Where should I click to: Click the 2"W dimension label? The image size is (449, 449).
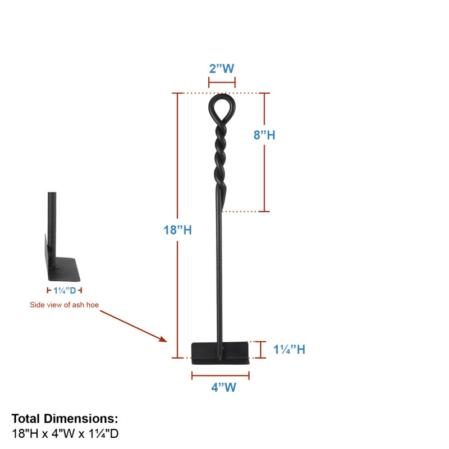click(222, 68)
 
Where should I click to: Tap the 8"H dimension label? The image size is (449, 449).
click(264, 135)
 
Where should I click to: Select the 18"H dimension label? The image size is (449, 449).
click(177, 230)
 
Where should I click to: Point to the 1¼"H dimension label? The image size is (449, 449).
click(289, 349)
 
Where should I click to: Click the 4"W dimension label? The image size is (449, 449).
click(223, 387)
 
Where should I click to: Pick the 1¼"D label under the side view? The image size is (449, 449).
click(65, 291)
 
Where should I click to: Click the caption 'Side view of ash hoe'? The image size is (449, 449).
click(65, 305)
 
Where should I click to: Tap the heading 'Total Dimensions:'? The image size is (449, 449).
click(65, 419)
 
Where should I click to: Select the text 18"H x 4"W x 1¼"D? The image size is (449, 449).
click(65, 433)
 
